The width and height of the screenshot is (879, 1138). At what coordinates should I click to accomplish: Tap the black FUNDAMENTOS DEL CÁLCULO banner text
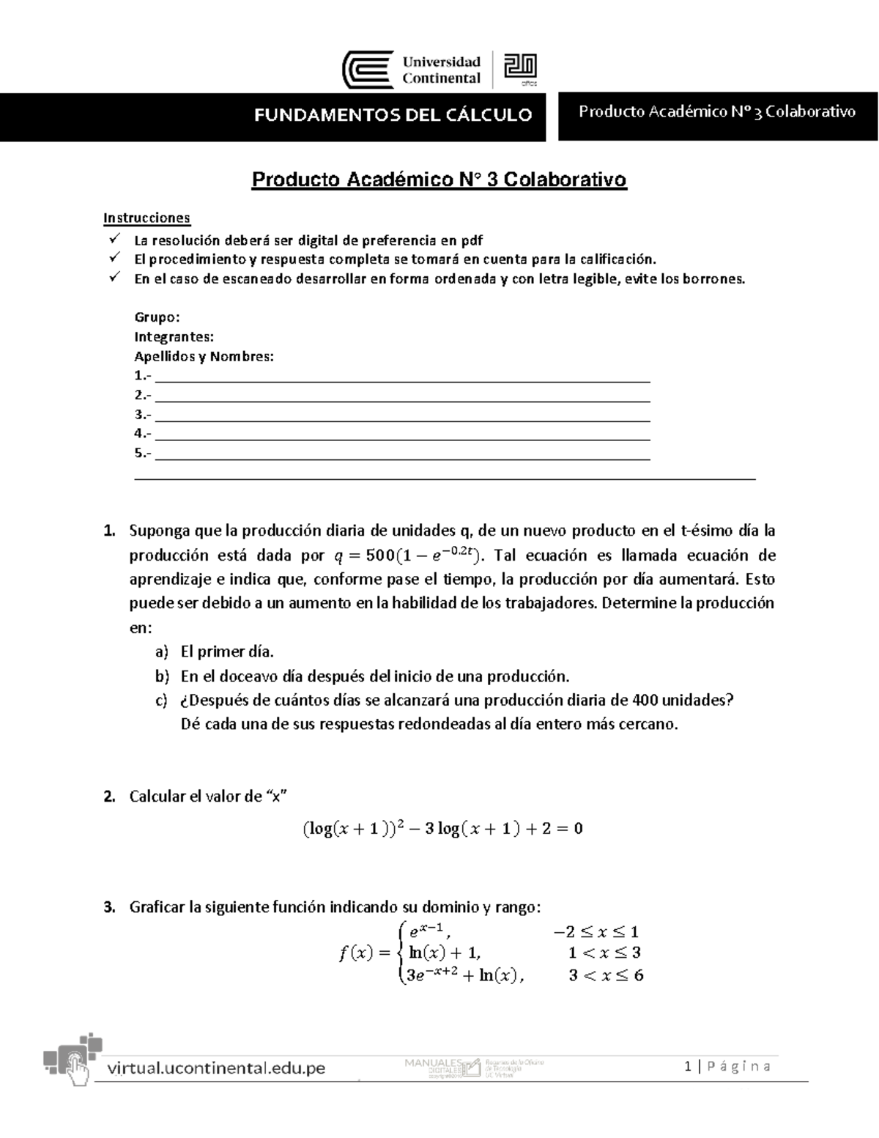click(393, 115)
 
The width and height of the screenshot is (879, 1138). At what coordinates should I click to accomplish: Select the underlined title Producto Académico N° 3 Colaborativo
click(439, 180)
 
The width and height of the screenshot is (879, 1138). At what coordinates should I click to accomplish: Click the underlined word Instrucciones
click(146, 218)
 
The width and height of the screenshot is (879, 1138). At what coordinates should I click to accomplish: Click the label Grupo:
click(157, 317)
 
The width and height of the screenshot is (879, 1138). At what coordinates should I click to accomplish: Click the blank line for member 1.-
click(403, 377)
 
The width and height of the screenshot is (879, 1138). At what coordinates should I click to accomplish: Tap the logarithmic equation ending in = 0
click(442, 829)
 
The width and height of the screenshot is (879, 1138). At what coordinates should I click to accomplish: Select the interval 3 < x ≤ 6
click(606, 975)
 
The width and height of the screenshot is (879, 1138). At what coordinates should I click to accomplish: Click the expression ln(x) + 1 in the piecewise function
click(445, 953)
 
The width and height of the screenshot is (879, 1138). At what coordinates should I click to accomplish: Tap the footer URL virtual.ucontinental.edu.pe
click(216, 1068)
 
